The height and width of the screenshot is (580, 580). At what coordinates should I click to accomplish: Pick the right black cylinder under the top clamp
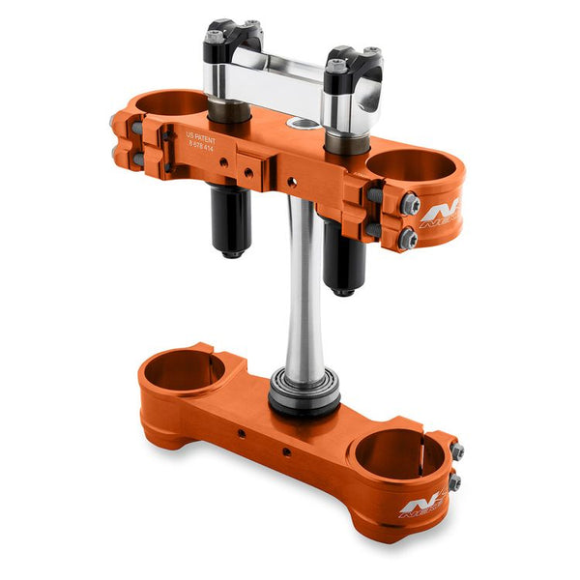tap(342, 257)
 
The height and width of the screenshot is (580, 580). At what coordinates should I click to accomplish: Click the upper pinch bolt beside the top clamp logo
tap(410, 204)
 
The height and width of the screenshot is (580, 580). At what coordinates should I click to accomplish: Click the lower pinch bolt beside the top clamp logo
tap(407, 238)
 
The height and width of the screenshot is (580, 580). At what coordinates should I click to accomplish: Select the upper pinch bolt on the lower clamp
tap(456, 451)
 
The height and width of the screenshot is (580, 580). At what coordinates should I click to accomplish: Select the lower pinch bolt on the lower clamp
tap(453, 480)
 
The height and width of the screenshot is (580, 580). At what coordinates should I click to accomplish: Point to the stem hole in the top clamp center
tap(303, 125)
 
